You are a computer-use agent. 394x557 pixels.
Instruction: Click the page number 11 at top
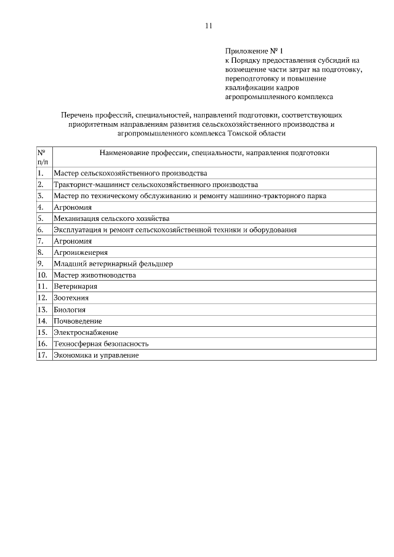208,25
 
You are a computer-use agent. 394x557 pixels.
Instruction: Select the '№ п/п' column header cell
44,156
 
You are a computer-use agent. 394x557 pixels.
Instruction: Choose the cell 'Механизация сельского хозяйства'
111,218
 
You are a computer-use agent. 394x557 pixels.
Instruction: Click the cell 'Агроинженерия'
81,252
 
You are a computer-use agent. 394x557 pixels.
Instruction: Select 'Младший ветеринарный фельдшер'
113,263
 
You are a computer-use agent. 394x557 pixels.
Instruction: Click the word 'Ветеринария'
76,286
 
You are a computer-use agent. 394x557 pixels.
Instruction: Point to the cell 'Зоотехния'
71,298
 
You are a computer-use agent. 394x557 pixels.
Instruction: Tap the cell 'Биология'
70,309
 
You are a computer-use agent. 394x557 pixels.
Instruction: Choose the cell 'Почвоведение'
78,321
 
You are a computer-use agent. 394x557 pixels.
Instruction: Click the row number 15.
42,332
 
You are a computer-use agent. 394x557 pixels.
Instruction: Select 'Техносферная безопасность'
101,343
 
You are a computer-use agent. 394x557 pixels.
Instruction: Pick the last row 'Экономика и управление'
96,355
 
